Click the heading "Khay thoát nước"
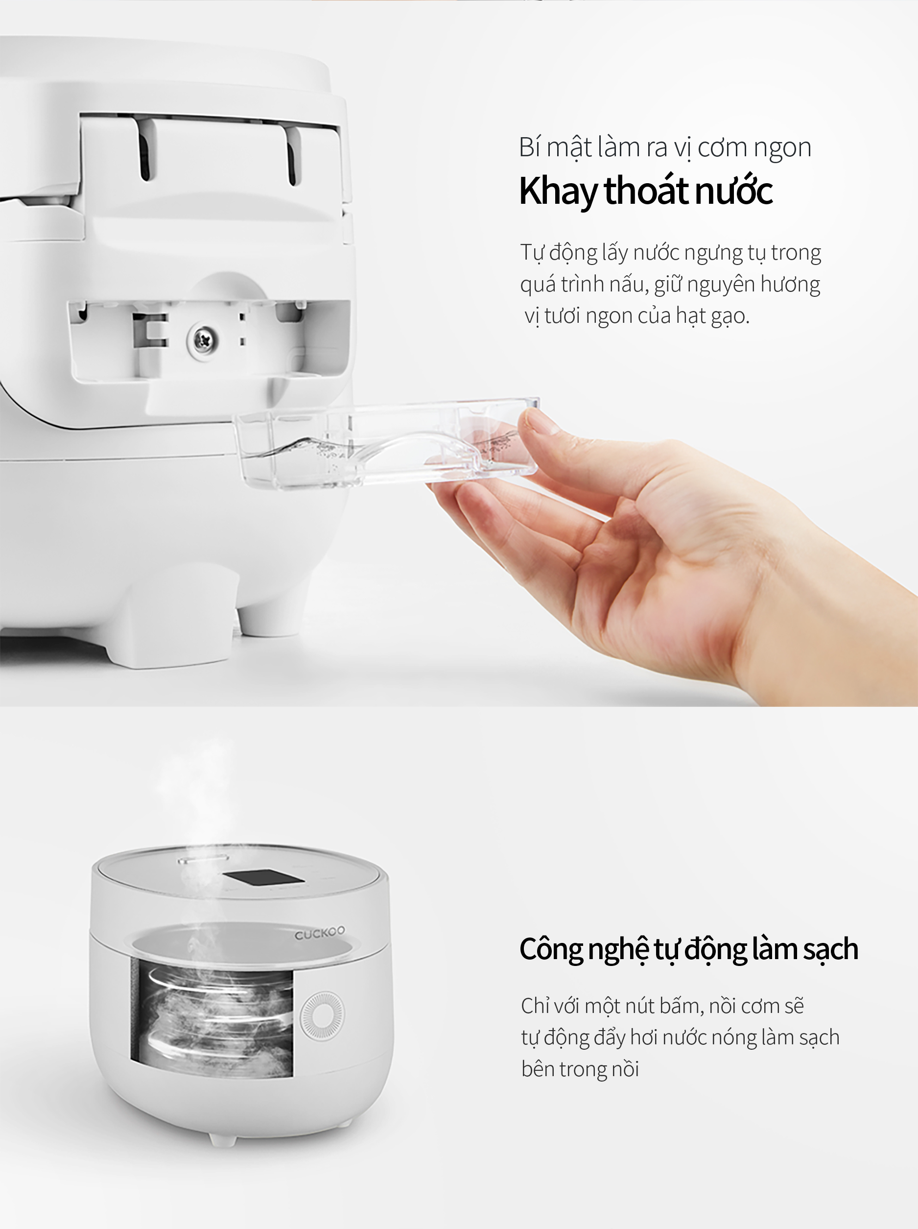click(645, 191)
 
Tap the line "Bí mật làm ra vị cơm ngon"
click(665, 148)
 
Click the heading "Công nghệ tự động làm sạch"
click(689, 949)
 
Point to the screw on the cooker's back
click(202, 338)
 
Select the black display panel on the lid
click(263, 879)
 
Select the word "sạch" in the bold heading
click(830, 949)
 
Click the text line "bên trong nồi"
click(580, 1069)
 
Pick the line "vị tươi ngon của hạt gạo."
click(637, 316)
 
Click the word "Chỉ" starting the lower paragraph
click(535, 1006)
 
